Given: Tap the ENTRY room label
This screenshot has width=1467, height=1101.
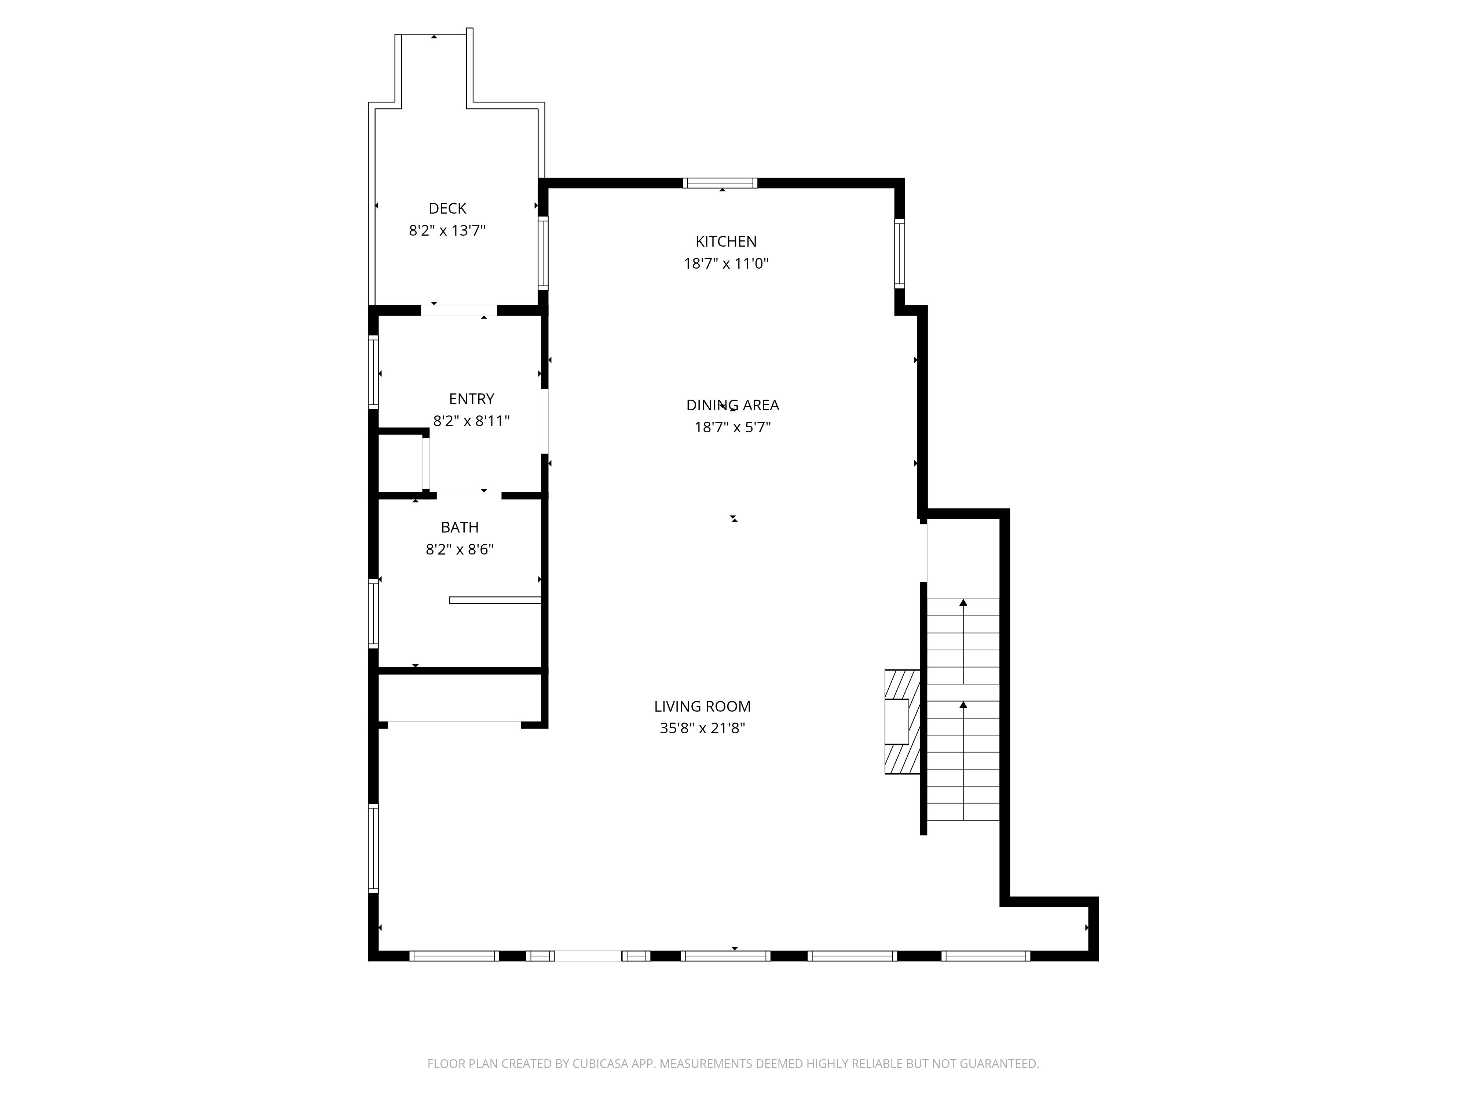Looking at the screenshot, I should point(472,399).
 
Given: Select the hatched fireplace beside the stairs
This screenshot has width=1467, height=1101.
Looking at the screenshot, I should point(901,722).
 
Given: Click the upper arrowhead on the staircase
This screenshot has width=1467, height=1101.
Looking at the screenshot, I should point(963,603).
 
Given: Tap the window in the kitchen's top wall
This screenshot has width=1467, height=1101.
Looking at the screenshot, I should point(720,183).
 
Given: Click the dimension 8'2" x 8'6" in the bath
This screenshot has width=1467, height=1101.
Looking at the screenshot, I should point(460,549).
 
